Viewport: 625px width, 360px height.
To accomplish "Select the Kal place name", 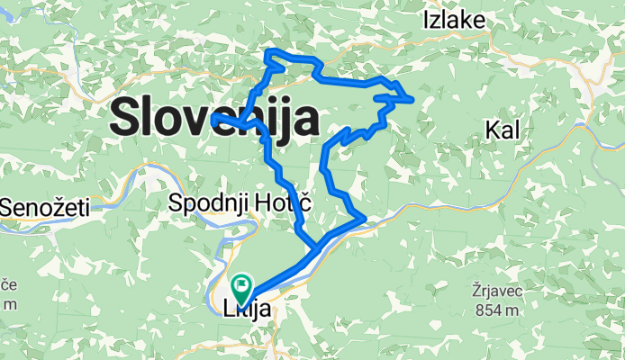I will (503, 131).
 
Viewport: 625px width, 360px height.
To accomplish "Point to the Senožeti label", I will (45, 208).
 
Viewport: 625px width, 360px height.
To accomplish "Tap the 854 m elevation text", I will (496, 310).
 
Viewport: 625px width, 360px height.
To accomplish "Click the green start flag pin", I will (241, 288).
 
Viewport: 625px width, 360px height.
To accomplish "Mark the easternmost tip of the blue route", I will (412, 99).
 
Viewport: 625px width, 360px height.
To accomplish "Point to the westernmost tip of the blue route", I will (212, 117).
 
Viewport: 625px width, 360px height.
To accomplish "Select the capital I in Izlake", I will (426, 20).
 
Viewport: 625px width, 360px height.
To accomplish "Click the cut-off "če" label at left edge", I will (8, 285).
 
